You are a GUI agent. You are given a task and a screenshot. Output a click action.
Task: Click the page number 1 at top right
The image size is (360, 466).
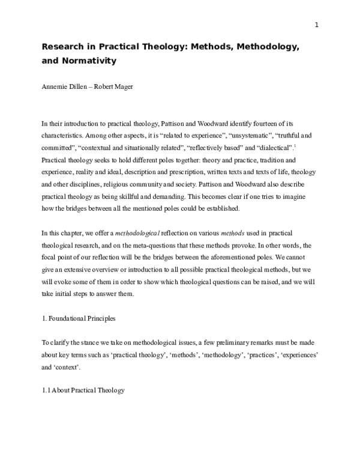pyautogui.click(x=316, y=25)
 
